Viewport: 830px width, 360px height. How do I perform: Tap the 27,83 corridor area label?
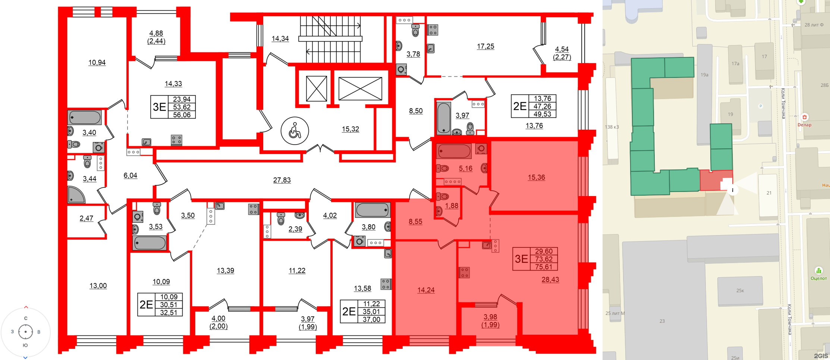point(282,180)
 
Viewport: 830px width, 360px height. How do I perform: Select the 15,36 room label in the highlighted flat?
point(536,177)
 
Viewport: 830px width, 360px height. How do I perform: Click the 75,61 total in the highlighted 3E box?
point(544,267)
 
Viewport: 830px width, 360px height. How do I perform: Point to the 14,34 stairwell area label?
point(280,38)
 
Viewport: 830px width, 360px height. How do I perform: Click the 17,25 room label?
point(485,46)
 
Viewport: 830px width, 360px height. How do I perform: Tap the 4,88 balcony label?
point(156,33)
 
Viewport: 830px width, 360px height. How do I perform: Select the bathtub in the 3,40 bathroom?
point(85,117)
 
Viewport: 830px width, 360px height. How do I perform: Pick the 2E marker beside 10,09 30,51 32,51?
point(146,305)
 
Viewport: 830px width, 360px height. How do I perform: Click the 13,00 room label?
point(98,286)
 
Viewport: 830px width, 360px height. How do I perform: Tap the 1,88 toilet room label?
point(452,206)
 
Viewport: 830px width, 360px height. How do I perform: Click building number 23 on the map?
point(662,321)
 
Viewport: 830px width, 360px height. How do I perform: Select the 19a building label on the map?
point(704,75)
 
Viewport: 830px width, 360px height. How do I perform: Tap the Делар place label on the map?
point(804,125)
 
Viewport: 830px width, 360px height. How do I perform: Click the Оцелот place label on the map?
point(818,278)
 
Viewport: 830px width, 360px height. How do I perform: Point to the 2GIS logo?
point(821,356)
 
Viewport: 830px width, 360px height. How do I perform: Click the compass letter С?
point(26,318)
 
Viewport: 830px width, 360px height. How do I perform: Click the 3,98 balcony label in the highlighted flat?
point(490,317)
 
